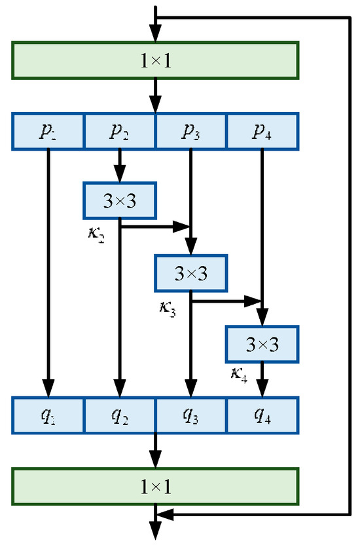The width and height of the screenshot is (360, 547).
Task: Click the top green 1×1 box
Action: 155,61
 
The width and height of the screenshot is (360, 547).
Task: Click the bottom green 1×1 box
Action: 155,486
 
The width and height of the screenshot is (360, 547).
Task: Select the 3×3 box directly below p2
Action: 120,200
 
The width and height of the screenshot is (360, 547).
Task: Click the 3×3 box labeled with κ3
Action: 190,273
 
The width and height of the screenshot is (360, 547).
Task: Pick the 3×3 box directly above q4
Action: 262,344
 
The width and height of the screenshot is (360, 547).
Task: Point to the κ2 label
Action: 96,235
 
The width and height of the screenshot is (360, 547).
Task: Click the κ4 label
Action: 238,376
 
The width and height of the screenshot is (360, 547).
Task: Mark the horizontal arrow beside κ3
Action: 226,301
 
